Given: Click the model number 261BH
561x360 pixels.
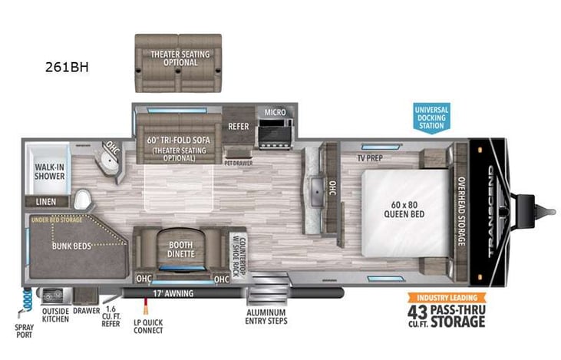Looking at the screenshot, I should pyautogui.click(x=68, y=67).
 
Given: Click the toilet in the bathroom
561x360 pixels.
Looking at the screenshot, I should pyautogui.click(x=82, y=200).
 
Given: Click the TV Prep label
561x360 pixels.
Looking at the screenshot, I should pyautogui.click(x=371, y=157).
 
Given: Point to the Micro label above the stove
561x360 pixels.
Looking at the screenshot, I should pyautogui.click(x=275, y=113).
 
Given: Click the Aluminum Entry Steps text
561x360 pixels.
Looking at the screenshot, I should pyautogui.click(x=266, y=318).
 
